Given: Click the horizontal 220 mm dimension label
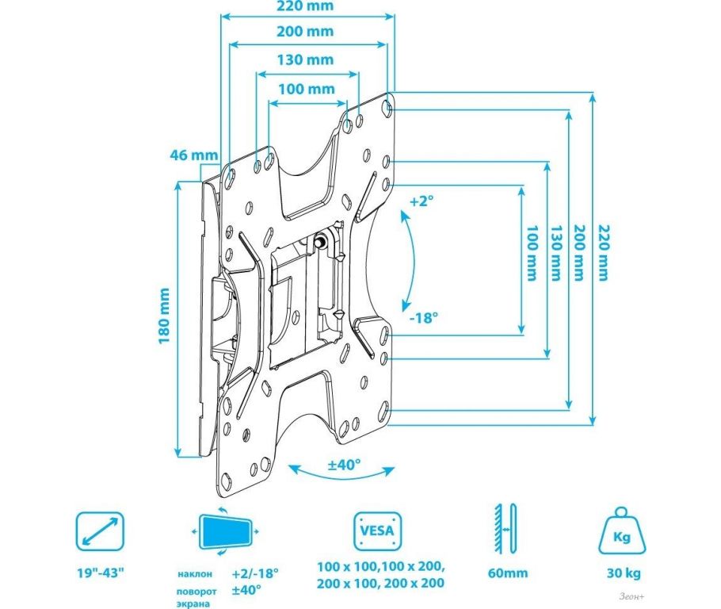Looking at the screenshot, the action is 305,6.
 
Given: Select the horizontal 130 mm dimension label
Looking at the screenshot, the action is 305,59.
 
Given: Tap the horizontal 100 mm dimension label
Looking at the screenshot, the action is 307,89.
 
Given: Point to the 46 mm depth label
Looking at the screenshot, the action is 193,155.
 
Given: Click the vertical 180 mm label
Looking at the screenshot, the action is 164,316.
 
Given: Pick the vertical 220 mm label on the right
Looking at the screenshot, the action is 602,252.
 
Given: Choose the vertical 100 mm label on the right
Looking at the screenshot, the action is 531,253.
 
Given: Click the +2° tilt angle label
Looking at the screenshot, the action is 422,201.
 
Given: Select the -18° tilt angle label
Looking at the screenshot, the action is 424,318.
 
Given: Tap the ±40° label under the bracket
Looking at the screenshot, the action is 344,465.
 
